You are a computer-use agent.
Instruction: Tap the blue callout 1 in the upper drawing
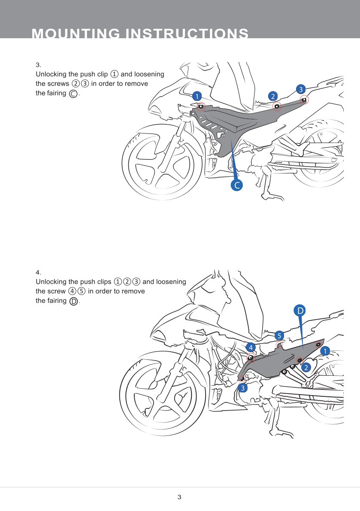click(197, 96)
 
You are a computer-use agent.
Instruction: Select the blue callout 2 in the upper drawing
click(272, 96)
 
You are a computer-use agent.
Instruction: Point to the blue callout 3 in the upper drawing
click(300, 89)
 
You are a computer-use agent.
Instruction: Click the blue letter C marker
click(236, 185)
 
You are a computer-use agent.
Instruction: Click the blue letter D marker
click(300, 310)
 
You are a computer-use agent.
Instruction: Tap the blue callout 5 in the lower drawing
click(279, 335)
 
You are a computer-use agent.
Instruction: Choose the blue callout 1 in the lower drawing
click(325, 351)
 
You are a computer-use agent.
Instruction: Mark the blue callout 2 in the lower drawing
click(306, 368)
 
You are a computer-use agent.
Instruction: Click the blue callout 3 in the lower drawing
click(243, 388)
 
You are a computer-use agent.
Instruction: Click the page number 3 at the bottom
click(180, 497)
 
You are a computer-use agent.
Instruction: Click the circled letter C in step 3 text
click(73, 94)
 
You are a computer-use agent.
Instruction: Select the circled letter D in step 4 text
click(73, 301)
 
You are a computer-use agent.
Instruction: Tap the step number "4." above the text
click(38, 272)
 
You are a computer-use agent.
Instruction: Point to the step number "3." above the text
click(38, 65)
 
